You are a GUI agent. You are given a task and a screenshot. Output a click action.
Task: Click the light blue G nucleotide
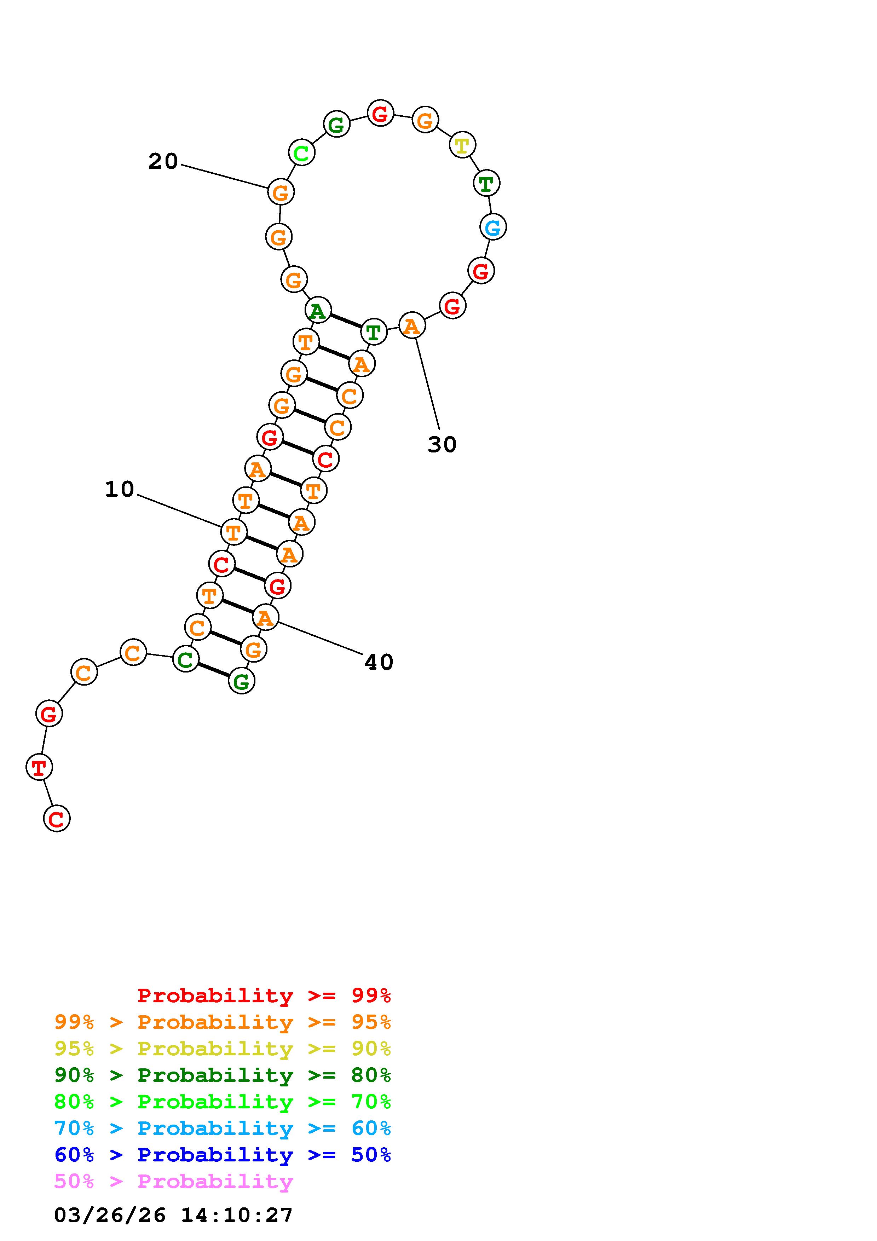[493, 227]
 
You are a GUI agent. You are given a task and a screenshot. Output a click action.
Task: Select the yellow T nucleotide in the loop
[462, 145]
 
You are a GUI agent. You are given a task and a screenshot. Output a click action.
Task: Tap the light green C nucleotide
[301, 152]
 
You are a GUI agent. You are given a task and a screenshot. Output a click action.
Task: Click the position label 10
[120, 489]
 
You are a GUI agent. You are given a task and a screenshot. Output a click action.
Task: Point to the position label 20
[163, 161]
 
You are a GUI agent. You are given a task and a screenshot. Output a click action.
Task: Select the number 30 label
[442, 444]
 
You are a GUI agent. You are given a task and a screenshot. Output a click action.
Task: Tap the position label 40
[379, 662]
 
